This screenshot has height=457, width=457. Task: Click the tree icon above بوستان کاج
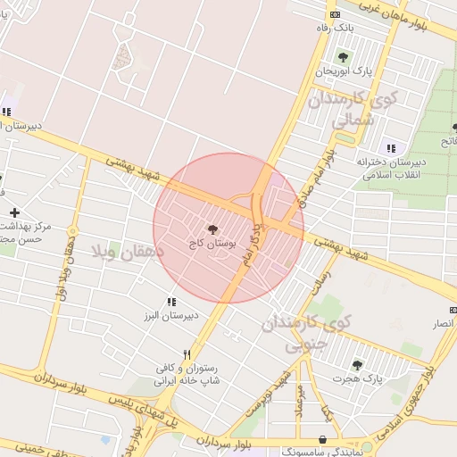[212, 229]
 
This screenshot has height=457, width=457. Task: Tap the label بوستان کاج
[212, 242]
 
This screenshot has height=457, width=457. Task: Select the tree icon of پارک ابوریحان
[341, 58]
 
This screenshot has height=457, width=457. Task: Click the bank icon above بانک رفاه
[335, 15]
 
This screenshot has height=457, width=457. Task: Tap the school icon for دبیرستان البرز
[171, 303]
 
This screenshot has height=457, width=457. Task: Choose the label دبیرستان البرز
[169, 316]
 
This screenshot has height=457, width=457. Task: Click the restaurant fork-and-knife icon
[187, 354]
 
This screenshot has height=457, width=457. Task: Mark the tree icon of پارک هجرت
[358, 365]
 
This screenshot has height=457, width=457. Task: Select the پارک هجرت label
[357, 378]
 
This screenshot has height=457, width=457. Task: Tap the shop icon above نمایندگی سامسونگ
[321, 440]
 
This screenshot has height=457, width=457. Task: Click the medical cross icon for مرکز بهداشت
[14, 212]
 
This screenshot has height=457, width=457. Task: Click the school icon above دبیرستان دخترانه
[390, 147]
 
